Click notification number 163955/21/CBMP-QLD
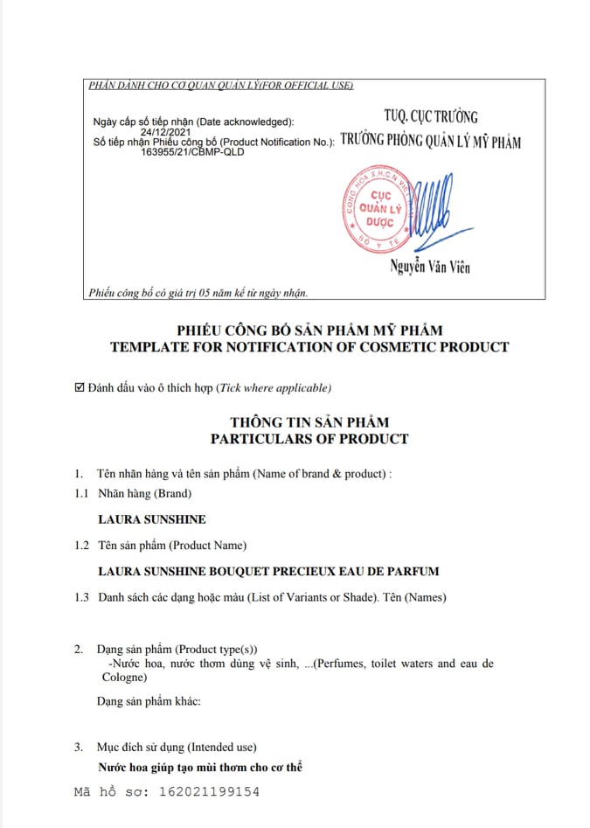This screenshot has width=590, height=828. [x=192, y=151]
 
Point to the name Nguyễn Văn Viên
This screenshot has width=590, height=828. [x=430, y=268]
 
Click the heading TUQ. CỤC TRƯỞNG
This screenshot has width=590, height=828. [x=431, y=116]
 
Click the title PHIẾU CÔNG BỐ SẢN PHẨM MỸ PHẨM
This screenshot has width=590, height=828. [x=309, y=331]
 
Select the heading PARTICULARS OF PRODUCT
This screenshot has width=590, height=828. [x=309, y=438]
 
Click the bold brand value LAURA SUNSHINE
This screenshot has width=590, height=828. [x=152, y=519]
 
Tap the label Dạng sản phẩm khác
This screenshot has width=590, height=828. [x=149, y=701]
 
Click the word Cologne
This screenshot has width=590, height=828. [x=121, y=677]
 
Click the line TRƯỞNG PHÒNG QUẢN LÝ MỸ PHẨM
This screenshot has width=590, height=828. [x=431, y=140]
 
